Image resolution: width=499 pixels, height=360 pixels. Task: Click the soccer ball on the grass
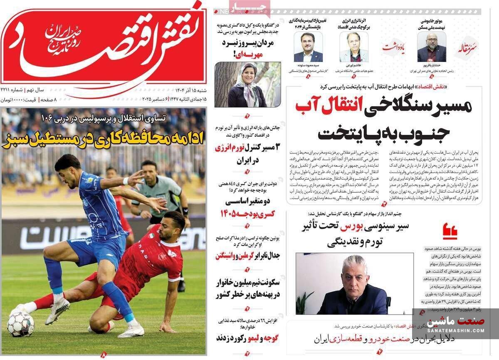coord(20,323)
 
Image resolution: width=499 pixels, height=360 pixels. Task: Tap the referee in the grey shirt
coord(160,187)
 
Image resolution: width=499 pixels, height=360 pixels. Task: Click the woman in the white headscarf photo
coord(247,85)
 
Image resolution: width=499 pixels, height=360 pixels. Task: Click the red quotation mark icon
coord(450,231)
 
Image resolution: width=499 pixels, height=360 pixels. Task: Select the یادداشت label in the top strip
coord(394,46)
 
